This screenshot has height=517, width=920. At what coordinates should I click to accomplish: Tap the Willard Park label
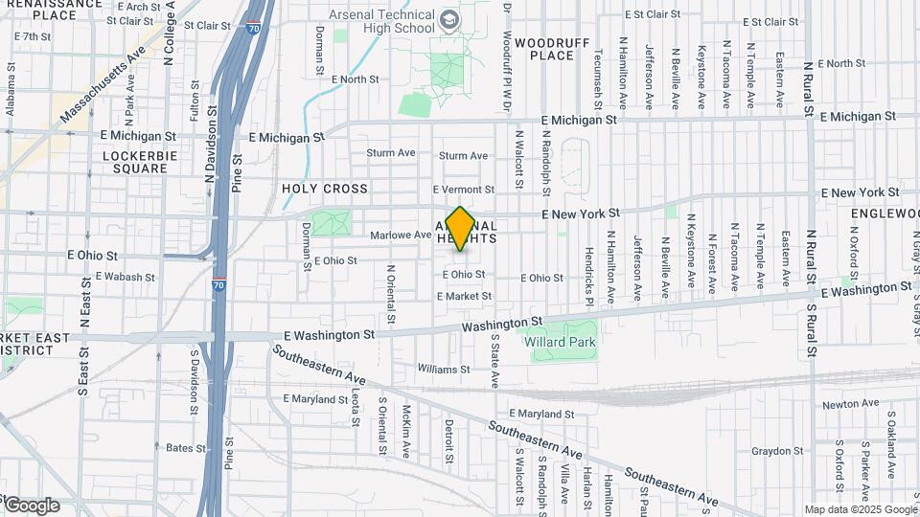coord(560,342)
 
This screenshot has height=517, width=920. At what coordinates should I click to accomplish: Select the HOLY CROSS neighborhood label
coord(325,190)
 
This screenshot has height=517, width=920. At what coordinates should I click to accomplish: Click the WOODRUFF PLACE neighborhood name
coord(544,49)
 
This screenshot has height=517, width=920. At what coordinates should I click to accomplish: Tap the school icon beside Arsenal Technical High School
coord(448,21)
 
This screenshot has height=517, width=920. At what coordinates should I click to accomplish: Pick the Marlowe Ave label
coord(401,235)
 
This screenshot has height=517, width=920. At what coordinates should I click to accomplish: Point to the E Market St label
coord(464,297)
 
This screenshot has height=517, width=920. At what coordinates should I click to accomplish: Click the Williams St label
coord(442,369)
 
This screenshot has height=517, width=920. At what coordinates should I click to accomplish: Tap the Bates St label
coord(187,447)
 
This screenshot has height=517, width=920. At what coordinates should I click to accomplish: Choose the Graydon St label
coord(777,451)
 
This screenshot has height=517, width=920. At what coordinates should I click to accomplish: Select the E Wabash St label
coord(125,277)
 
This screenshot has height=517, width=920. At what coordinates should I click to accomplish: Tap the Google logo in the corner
coord(31,505)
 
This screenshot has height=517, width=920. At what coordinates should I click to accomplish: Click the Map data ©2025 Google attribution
coord(861,509)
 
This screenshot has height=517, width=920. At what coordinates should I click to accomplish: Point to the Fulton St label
coord(195,101)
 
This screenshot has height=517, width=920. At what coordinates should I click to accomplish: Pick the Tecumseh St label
coord(598,72)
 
